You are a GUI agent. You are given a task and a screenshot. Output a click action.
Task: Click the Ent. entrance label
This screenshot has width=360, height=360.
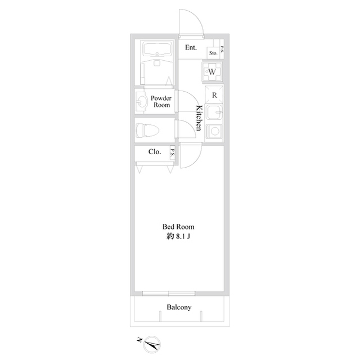(x=191, y=47)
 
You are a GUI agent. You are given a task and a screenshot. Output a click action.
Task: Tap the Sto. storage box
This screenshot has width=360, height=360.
(x=213, y=53)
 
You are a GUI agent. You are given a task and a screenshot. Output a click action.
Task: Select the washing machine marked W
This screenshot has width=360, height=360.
(x=212, y=71)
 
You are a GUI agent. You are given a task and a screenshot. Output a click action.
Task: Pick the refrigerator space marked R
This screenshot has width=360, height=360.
(x=214, y=95)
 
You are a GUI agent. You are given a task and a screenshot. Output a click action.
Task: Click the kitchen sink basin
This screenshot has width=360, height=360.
(x=214, y=112)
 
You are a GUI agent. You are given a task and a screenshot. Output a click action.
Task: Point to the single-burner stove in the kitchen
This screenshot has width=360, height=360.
(x=214, y=131)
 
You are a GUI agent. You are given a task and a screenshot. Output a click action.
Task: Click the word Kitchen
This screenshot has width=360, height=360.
(x=199, y=118)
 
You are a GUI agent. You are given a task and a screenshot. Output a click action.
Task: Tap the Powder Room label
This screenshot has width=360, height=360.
(x=161, y=101)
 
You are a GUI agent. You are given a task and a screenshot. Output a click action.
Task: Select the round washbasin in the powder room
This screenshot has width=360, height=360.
(x=141, y=101)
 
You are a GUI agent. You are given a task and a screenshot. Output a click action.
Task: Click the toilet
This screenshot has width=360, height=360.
(x=147, y=130)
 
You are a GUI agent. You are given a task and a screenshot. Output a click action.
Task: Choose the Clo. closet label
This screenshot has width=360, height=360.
(x=155, y=151)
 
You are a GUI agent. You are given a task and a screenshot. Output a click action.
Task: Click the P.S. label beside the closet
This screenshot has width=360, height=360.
(x=172, y=152)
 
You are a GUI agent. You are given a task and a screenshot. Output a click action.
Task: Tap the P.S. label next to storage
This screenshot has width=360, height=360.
(x=222, y=49)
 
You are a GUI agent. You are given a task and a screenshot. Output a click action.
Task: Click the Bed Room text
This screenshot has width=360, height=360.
(x=178, y=227)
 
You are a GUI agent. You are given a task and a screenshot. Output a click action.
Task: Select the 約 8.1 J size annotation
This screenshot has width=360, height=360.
(x=178, y=236)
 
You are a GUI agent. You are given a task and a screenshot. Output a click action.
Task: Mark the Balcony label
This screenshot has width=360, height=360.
(x=179, y=307)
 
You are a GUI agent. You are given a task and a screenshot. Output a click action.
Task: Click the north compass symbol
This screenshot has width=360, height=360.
(x=150, y=344)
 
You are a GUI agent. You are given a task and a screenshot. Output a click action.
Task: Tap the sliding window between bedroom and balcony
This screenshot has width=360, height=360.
(x=169, y=294)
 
